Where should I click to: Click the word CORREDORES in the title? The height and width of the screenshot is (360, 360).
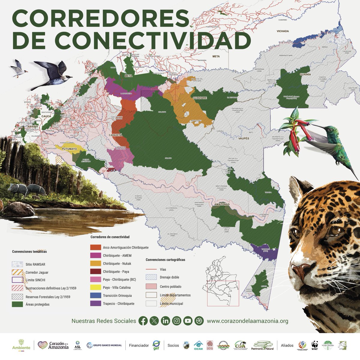pyautogui.click(x=101, y=19)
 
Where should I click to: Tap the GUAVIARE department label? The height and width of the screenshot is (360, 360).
pyautogui.click(x=199, y=98)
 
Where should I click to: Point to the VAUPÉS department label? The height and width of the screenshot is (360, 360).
pyautogui.click(x=244, y=139)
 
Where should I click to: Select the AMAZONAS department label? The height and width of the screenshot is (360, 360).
pyautogui.click(x=222, y=204)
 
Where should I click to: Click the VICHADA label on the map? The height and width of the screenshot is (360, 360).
pyautogui.click(x=283, y=31)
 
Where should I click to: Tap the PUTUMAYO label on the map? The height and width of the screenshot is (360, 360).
pyautogui.click(x=70, y=149)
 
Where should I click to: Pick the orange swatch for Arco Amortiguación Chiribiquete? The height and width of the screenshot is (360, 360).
pyautogui.click(x=95, y=247)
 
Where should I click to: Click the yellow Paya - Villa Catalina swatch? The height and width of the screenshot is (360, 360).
pyautogui.click(x=95, y=287)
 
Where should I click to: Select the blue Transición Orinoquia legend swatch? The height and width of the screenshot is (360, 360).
pyautogui.click(x=95, y=295)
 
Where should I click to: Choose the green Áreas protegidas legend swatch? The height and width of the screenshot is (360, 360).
pyautogui.click(x=17, y=304)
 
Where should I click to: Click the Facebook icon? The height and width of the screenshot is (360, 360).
pyautogui.click(x=143, y=321)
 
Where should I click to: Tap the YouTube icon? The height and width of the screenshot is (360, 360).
pyautogui.click(x=188, y=321)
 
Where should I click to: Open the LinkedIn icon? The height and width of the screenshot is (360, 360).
pyautogui.click(x=165, y=321)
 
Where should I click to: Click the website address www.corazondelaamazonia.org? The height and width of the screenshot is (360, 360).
pyautogui.click(x=247, y=321)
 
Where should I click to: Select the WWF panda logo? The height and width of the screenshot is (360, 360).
pyautogui.click(x=315, y=345)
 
